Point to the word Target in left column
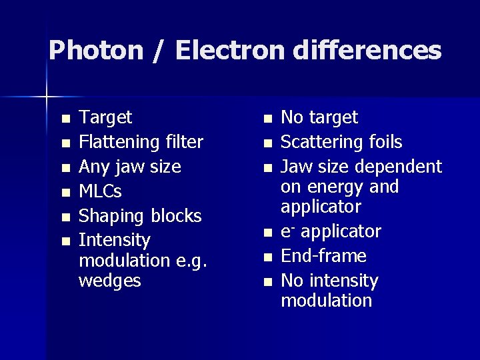click(105, 118)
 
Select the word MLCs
click(101, 191)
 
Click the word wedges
click(110, 281)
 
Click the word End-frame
click(324, 256)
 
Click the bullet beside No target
click(267, 119)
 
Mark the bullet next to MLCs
click(65, 193)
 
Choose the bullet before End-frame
click(267, 257)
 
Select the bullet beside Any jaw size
click(65, 168)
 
